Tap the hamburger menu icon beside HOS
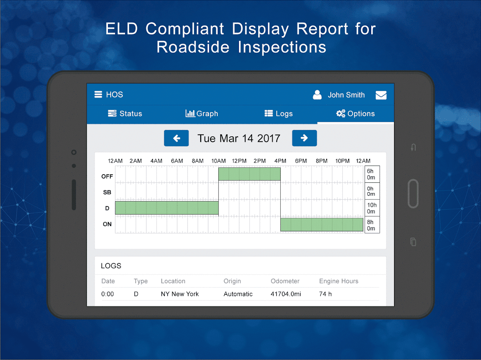point(98,94)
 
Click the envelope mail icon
point(381,95)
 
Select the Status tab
point(125,114)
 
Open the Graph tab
point(202,114)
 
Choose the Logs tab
point(279,114)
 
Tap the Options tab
point(355,114)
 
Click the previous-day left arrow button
point(176,138)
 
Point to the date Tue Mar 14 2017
point(239,138)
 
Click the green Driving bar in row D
point(166,207)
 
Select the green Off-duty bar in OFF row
point(249,174)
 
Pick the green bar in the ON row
point(321,225)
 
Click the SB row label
point(107,192)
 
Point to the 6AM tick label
point(177,161)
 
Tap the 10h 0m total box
point(371,208)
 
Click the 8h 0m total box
point(371,225)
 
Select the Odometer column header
point(285,281)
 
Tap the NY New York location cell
point(180,294)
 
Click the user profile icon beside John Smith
point(317,94)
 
